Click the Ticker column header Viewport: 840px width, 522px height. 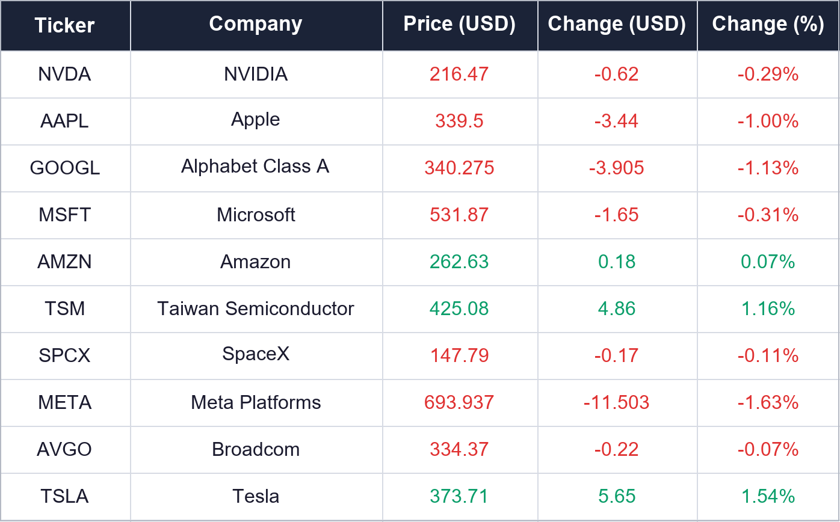(x=64, y=25)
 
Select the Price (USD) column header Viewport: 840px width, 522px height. (x=459, y=25)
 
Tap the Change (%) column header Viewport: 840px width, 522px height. (x=768, y=25)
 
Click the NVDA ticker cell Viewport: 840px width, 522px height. (x=64, y=74)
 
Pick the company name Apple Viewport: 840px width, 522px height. (x=255, y=120)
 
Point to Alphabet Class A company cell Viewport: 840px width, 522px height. (x=255, y=167)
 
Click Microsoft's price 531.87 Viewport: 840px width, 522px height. (x=459, y=215)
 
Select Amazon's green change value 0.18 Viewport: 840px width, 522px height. (x=617, y=262)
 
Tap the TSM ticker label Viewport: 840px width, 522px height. (x=64, y=309)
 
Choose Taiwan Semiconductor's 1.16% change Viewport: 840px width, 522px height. (x=768, y=309)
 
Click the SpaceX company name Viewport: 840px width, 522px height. (x=255, y=354)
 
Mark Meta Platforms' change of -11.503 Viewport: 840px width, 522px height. (x=617, y=402)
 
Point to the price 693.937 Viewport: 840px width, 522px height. (x=459, y=402)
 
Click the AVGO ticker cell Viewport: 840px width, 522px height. (x=64, y=449)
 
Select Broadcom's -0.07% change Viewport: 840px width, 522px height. (x=768, y=449)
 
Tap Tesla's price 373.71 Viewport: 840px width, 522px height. (x=459, y=496)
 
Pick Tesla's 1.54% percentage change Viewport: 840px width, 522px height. (x=768, y=496)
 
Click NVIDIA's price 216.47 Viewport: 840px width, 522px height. (x=459, y=74)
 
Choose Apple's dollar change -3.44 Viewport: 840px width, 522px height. (x=617, y=121)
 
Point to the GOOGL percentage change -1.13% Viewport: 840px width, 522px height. (x=768, y=168)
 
